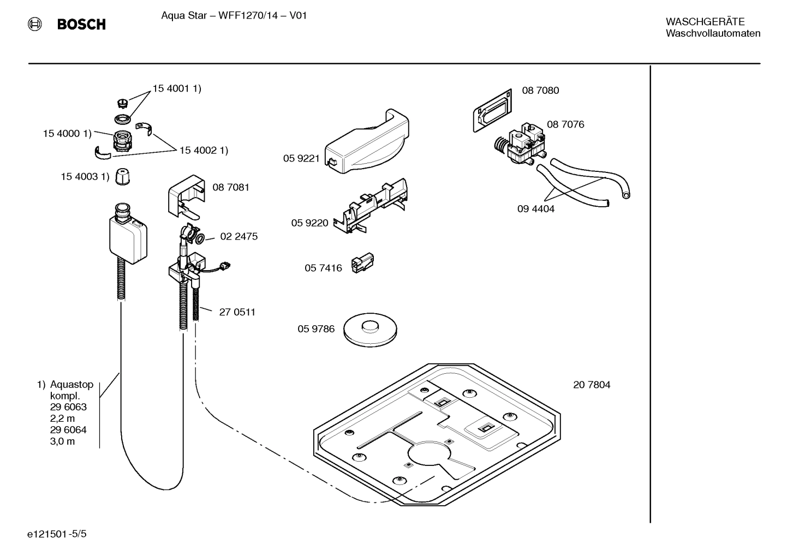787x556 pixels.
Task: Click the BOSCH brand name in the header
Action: coord(81,24)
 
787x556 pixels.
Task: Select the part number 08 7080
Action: coord(540,91)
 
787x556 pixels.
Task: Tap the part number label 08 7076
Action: coord(565,124)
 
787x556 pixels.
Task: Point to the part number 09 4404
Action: coord(535,209)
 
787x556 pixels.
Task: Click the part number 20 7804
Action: coord(592,385)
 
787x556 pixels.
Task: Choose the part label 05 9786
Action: coord(315,329)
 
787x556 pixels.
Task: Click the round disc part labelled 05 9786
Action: coord(370,328)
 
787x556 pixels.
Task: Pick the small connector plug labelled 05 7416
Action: coord(362,264)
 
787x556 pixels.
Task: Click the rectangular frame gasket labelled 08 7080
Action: coord(492,111)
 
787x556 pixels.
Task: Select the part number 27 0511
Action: coord(237,312)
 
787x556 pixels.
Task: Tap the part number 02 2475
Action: coord(239,237)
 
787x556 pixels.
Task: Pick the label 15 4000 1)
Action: coord(67,134)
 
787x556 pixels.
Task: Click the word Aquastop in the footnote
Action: coord(71,385)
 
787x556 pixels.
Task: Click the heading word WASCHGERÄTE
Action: coord(705,22)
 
